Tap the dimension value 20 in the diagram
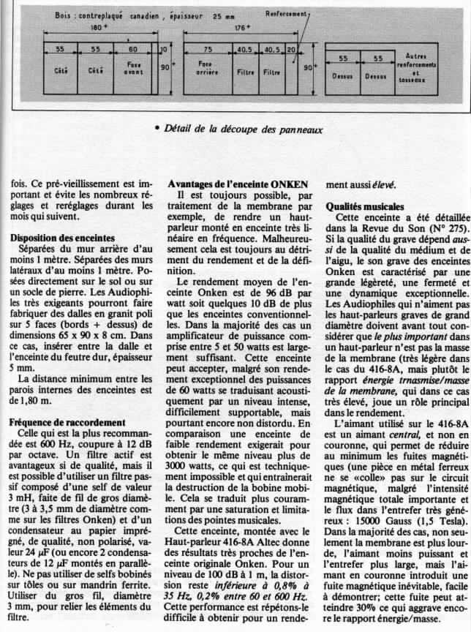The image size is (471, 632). click(x=291, y=50)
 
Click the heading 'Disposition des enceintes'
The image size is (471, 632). click(x=63, y=238)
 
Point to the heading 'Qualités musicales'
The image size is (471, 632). click(x=362, y=207)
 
